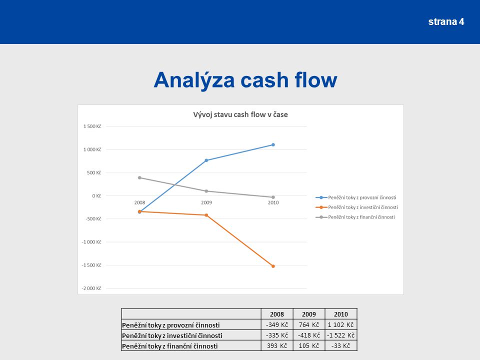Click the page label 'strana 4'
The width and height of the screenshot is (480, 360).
click(446, 21)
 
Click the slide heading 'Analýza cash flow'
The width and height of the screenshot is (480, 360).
click(245, 80)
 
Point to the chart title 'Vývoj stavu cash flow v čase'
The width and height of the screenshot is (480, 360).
click(240, 114)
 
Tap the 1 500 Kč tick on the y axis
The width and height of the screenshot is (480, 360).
click(92, 126)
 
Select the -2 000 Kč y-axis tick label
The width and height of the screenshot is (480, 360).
click(91, 288)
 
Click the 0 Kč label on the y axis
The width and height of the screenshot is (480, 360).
click(96, 196)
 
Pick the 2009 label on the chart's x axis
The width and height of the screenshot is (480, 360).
click(206, 202)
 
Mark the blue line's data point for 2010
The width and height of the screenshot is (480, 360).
click(273, 145)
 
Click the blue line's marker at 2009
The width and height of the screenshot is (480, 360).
click(206, 160)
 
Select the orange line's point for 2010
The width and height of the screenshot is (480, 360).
click(273, 266)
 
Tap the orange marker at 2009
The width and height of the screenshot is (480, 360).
click(206, 215)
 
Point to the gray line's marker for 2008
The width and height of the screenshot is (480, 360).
click(139, 177)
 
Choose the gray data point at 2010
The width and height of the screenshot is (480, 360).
click(273, 197)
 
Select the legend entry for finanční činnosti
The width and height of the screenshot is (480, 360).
click(355, 217)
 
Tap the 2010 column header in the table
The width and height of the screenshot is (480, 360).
click(340, 314)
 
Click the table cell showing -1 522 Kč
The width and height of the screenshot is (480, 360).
click(340, 335)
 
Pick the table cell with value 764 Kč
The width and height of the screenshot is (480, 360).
click(309, 325)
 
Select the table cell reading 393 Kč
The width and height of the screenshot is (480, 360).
click(277, 346)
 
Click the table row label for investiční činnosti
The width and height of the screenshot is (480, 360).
click(172, 335)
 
